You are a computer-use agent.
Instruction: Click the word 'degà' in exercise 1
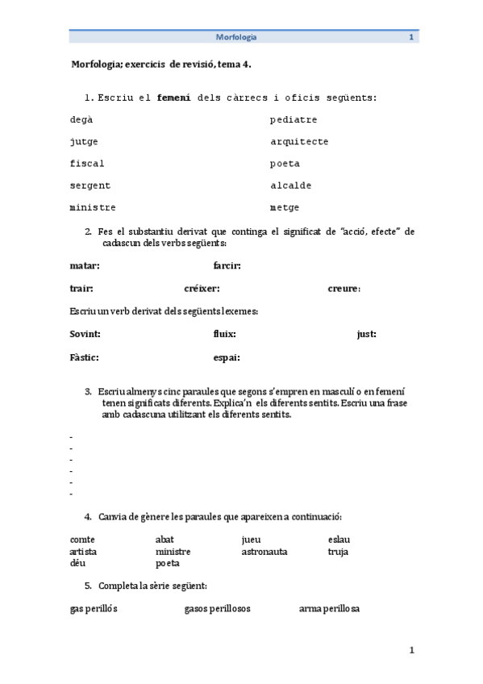[81, 120]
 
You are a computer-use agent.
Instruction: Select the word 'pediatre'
[294, 120]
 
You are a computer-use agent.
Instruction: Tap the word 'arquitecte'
[299, 142]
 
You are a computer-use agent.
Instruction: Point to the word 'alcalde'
[290, 186]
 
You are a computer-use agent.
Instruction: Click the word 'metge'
[285, 207]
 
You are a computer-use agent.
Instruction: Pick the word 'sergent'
[90, 186]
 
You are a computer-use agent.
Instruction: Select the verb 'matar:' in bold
[85, 265]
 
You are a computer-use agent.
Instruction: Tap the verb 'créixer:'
[202, 289]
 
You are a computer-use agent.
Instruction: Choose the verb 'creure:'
[344, 289]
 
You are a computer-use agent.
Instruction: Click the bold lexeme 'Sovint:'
[85, 334]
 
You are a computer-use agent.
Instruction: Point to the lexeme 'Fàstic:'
[85, 357]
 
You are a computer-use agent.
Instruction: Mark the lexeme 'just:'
[366, 334]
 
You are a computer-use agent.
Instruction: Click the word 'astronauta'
[264, 552]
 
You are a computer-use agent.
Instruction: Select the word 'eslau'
[339, 540]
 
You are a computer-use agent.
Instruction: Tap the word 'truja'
[338, 552]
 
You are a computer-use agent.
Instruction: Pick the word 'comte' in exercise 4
[83, 540]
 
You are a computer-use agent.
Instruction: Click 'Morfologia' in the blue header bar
[236, 37]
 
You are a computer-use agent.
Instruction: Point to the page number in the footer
[411, 650]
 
